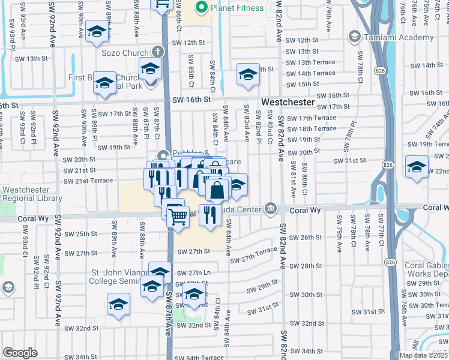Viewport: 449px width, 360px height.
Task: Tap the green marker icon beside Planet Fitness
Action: [x=202, y=8]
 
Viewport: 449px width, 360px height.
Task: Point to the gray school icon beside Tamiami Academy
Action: [x=355, y=37]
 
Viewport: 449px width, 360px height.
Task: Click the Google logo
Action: [x=20, y=353]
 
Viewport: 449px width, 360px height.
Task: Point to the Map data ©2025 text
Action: [x=423, y=355]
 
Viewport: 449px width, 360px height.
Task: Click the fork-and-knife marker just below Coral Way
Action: [x=210, y=215]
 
